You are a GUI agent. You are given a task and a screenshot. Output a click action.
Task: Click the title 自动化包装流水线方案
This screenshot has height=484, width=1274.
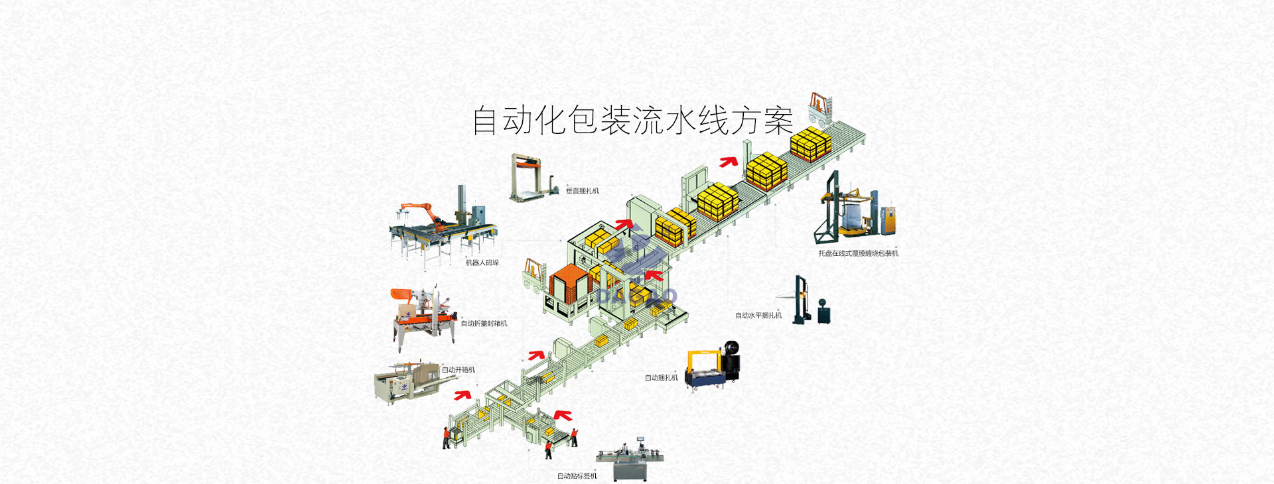632,120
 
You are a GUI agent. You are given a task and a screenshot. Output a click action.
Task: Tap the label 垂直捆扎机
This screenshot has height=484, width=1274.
582,191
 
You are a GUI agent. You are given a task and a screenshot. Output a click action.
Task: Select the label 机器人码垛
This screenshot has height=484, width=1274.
482,263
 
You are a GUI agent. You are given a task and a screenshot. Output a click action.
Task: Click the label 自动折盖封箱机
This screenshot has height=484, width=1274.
484,324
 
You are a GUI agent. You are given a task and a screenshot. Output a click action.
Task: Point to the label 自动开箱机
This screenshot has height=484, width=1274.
459,370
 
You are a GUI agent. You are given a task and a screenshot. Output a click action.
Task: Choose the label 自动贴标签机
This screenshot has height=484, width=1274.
577,476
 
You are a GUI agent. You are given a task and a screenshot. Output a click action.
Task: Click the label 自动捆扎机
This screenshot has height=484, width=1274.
662,378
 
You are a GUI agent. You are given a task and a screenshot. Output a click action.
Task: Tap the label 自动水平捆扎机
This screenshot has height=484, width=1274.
758,316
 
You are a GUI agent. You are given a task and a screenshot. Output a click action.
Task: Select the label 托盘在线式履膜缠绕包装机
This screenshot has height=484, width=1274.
858,253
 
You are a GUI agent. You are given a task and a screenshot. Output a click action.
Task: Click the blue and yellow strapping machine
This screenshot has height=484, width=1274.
712,367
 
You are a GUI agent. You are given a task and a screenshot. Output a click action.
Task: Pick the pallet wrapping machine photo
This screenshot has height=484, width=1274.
855,210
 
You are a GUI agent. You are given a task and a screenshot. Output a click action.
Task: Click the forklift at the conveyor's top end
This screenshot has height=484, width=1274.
820,109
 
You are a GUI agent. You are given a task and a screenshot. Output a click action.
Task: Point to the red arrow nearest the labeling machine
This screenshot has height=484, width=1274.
564,416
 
